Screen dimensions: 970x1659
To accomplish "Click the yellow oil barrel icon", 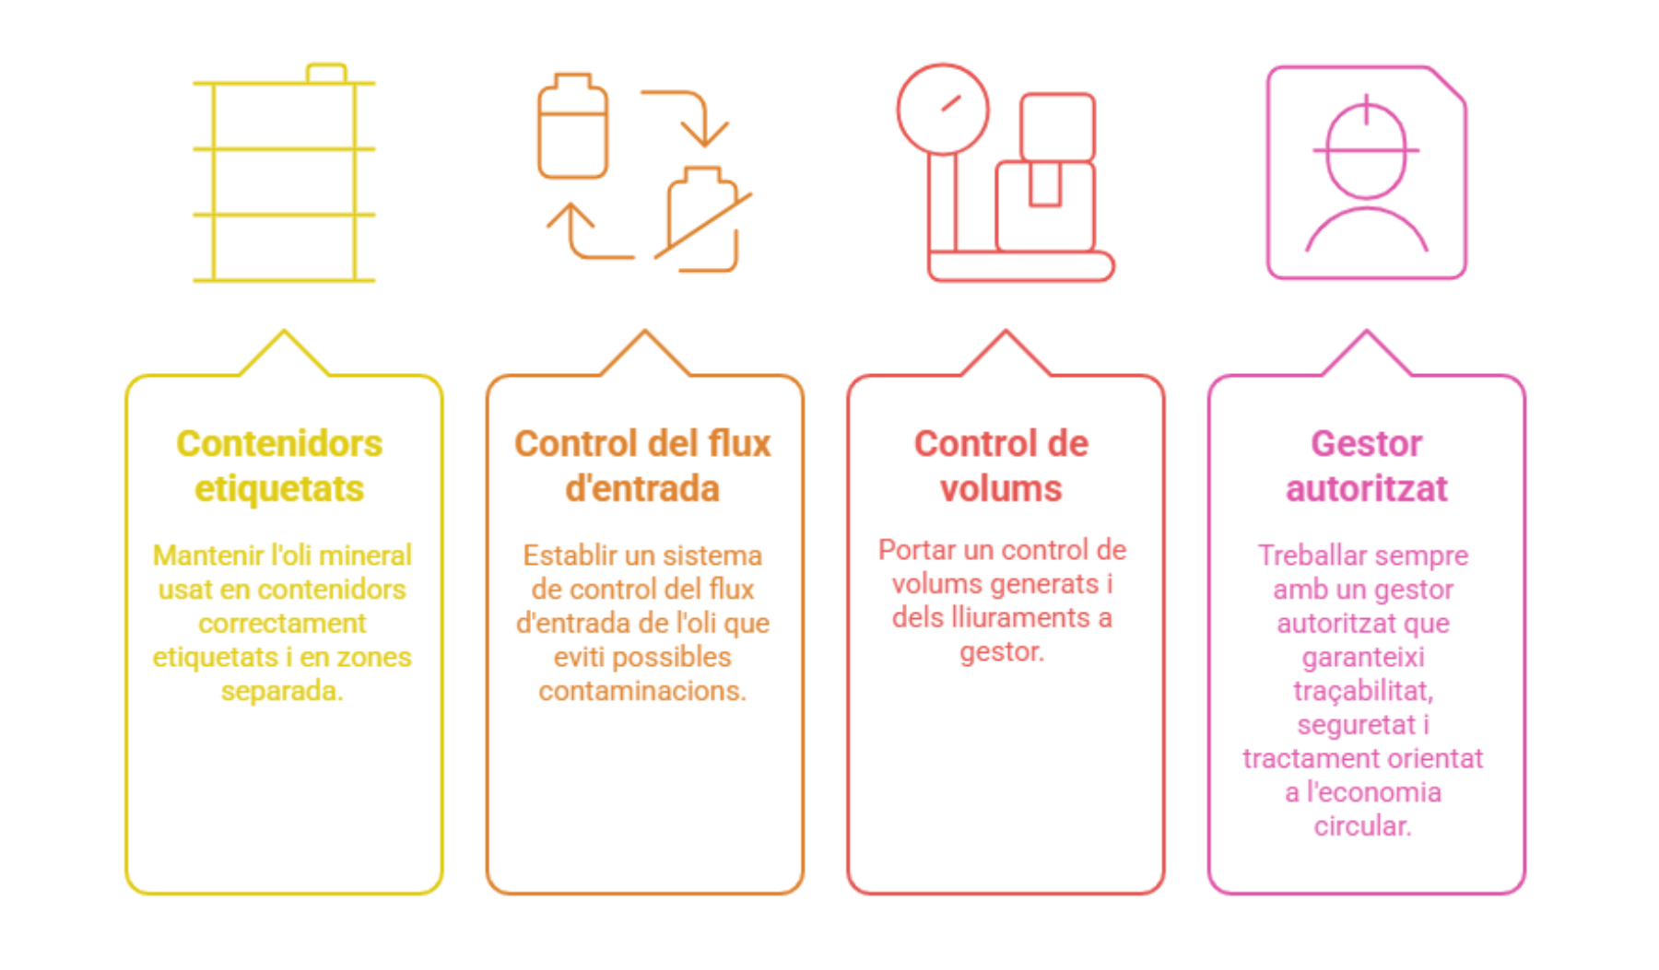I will coord(284,180).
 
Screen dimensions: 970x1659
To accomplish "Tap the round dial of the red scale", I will coord(943,109).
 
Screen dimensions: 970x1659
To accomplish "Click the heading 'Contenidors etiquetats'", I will coord(279,466).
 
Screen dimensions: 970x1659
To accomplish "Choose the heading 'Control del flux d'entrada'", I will coord(642,466).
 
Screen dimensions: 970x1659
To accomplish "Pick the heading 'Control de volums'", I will coord(1002,466).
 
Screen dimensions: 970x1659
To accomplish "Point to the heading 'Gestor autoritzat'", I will coord(1366,466).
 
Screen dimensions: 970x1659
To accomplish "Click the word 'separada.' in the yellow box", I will coord(282,691).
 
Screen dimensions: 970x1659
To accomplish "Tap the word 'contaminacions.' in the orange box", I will coord(642,691).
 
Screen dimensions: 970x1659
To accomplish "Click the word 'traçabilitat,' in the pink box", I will coord(1362,691).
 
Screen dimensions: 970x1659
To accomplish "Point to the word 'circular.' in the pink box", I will coord(1362,826).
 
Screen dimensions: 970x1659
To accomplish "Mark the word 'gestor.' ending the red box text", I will coord(1002,652).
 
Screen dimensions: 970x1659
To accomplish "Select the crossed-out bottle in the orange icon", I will coord(703,219).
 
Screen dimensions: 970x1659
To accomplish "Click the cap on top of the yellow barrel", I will coord(326,73).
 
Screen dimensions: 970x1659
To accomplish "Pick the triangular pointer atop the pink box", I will coord(1366,354).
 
